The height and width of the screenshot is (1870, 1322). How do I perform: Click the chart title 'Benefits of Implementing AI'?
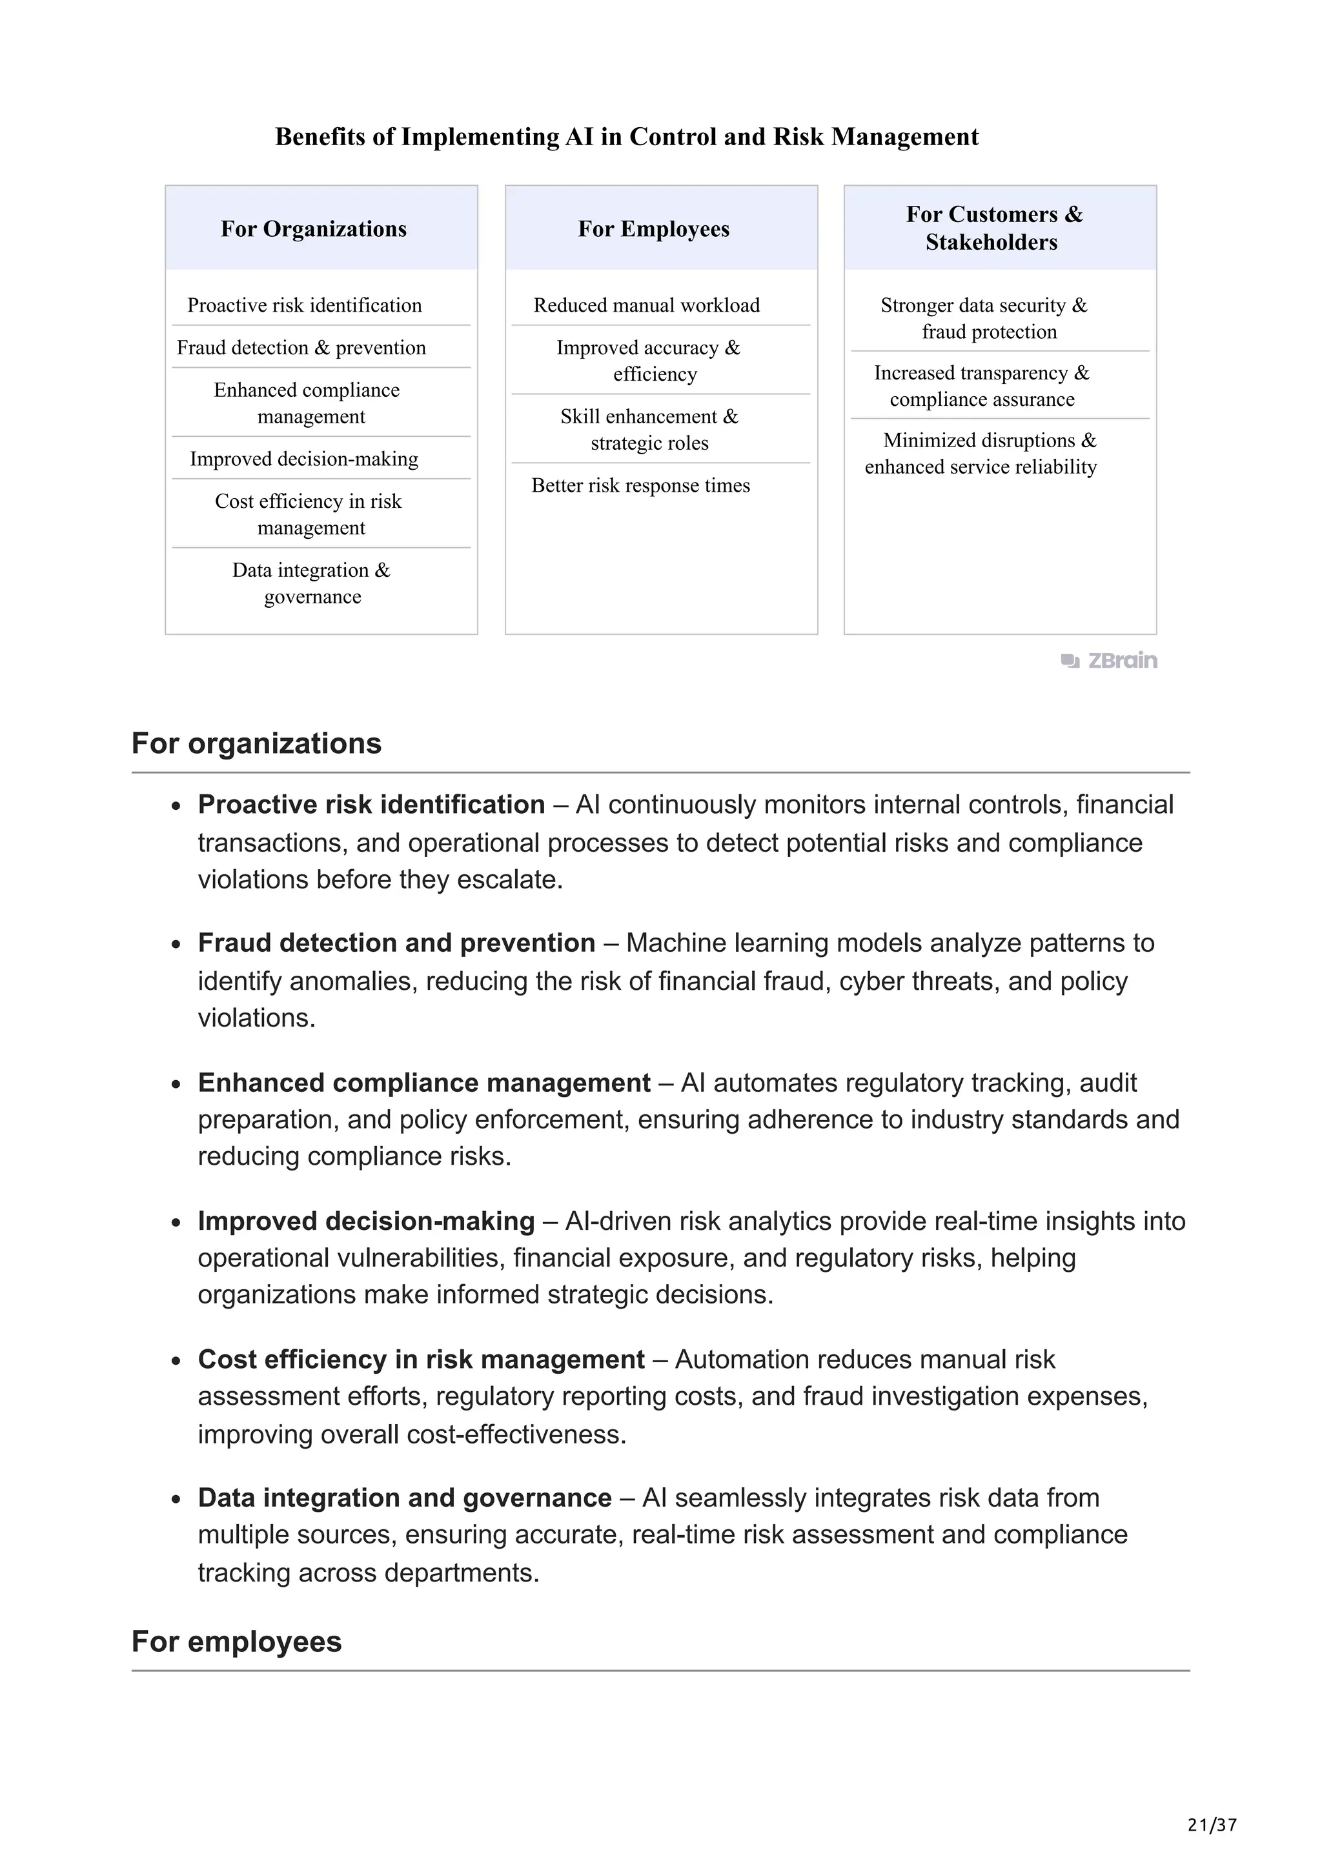tap(626, 137)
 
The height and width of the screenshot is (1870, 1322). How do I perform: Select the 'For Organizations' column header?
tap(314, 229)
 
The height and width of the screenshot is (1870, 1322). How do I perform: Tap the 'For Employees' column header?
tap(653, 229)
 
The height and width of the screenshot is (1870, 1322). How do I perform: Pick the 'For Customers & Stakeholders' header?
tap(993, 228)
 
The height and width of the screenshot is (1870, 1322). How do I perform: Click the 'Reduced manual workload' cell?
tap(646, 305)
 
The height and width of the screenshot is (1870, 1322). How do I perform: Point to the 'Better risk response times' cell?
tap(640, 485)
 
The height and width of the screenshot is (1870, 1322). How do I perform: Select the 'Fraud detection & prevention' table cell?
tap(301, 348)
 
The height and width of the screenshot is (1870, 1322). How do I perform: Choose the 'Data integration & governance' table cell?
tap(312, 583)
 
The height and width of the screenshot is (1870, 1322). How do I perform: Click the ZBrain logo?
tap(1110, 661)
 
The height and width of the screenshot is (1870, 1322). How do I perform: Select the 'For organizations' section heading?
tap(256, 743)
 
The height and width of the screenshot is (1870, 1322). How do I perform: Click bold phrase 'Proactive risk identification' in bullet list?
tap(371, 805)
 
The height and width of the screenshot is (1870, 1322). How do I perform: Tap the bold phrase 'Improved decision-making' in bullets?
tap(366, 1221)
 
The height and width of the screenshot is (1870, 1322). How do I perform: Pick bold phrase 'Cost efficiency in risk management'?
tap(421, 1360)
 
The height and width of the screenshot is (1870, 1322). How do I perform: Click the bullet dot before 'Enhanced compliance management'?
tap(176, 1085)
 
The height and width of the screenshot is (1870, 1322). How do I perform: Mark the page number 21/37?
tap(1212, 1826)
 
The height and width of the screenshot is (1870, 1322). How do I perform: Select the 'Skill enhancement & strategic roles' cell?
tap(649, 429)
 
